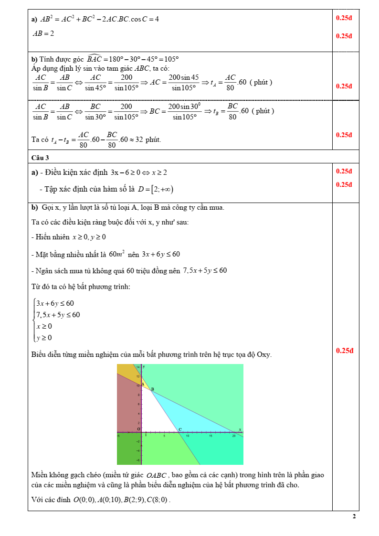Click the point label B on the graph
[152, 389]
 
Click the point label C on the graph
[180, 429]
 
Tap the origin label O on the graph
[138, 429]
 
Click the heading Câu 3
[40, 157]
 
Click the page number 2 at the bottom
[354, 516]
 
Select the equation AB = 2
[43, 34]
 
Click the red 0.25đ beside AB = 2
[344, 36]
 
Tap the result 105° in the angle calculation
[171, 59]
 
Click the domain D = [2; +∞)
[156, 189]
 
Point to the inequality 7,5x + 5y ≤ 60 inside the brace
[58, 314]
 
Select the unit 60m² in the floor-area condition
[117, 254]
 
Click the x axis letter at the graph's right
[240, 429]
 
